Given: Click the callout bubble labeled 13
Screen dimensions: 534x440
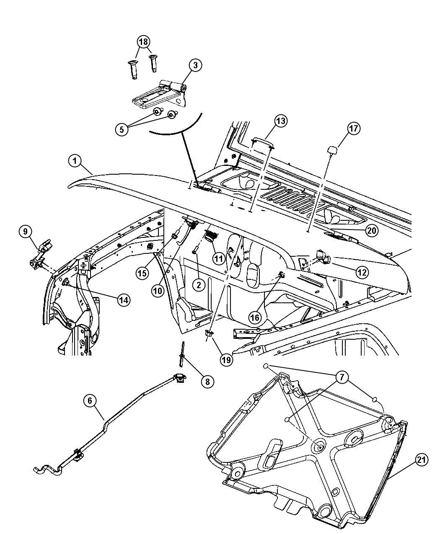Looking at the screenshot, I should click(281, 121).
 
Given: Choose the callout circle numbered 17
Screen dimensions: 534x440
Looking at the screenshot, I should click(353, 128).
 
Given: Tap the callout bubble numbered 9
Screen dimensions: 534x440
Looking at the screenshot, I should click(25, 231).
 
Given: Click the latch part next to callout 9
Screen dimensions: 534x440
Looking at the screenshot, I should click(41, 253).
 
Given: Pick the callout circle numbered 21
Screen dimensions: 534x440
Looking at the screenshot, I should click(422, 460).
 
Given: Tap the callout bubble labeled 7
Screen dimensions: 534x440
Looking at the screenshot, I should click(342, 378).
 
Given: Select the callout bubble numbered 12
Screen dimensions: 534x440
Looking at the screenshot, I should click(362, 272).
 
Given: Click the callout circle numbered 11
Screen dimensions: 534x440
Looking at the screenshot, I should click(218, 259).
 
